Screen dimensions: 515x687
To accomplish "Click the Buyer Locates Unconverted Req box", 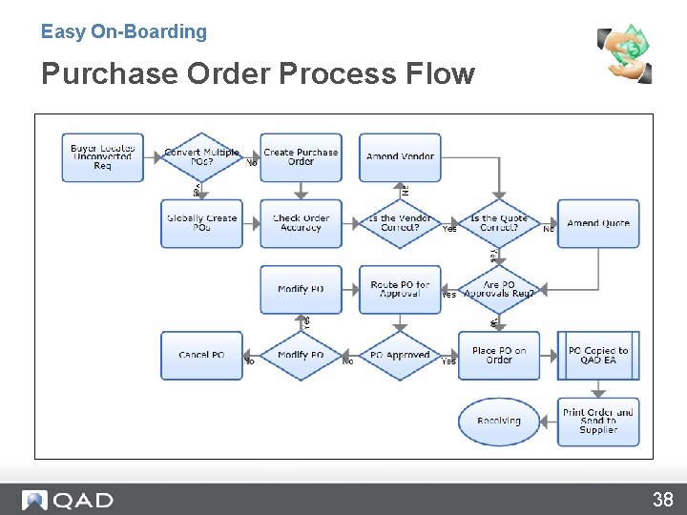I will coord(102,157).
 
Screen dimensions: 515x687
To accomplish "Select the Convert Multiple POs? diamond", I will coord(201,157).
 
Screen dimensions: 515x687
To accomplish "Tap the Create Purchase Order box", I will coord(301,157).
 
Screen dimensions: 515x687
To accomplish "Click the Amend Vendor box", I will coord(400,157).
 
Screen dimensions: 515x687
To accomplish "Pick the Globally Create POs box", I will coord(201,223).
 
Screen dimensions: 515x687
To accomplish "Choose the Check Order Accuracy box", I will coord(301,223).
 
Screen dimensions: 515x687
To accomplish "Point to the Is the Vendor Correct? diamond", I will coord(400,223).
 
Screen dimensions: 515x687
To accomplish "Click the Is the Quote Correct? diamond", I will coord(499,223).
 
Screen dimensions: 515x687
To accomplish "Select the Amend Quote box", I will coord(598,223).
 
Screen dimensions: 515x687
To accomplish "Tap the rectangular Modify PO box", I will coord(301,289).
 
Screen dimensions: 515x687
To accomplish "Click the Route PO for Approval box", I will coord(400,289).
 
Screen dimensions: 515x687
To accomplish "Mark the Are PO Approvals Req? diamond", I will coord(499,289).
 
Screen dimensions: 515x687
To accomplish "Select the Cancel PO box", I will coord(201,355).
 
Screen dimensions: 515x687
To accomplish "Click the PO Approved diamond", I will coord(400,355).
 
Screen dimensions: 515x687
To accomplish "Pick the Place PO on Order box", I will coord(499,355).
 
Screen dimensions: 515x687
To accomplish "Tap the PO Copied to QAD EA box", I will coord(598,355).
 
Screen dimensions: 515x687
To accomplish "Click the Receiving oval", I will coord(499,421).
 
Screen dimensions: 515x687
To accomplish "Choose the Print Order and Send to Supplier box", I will coord(598,421).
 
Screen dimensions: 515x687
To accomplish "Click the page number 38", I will coord(662,499).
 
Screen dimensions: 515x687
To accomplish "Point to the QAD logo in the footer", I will coord(68,500).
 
